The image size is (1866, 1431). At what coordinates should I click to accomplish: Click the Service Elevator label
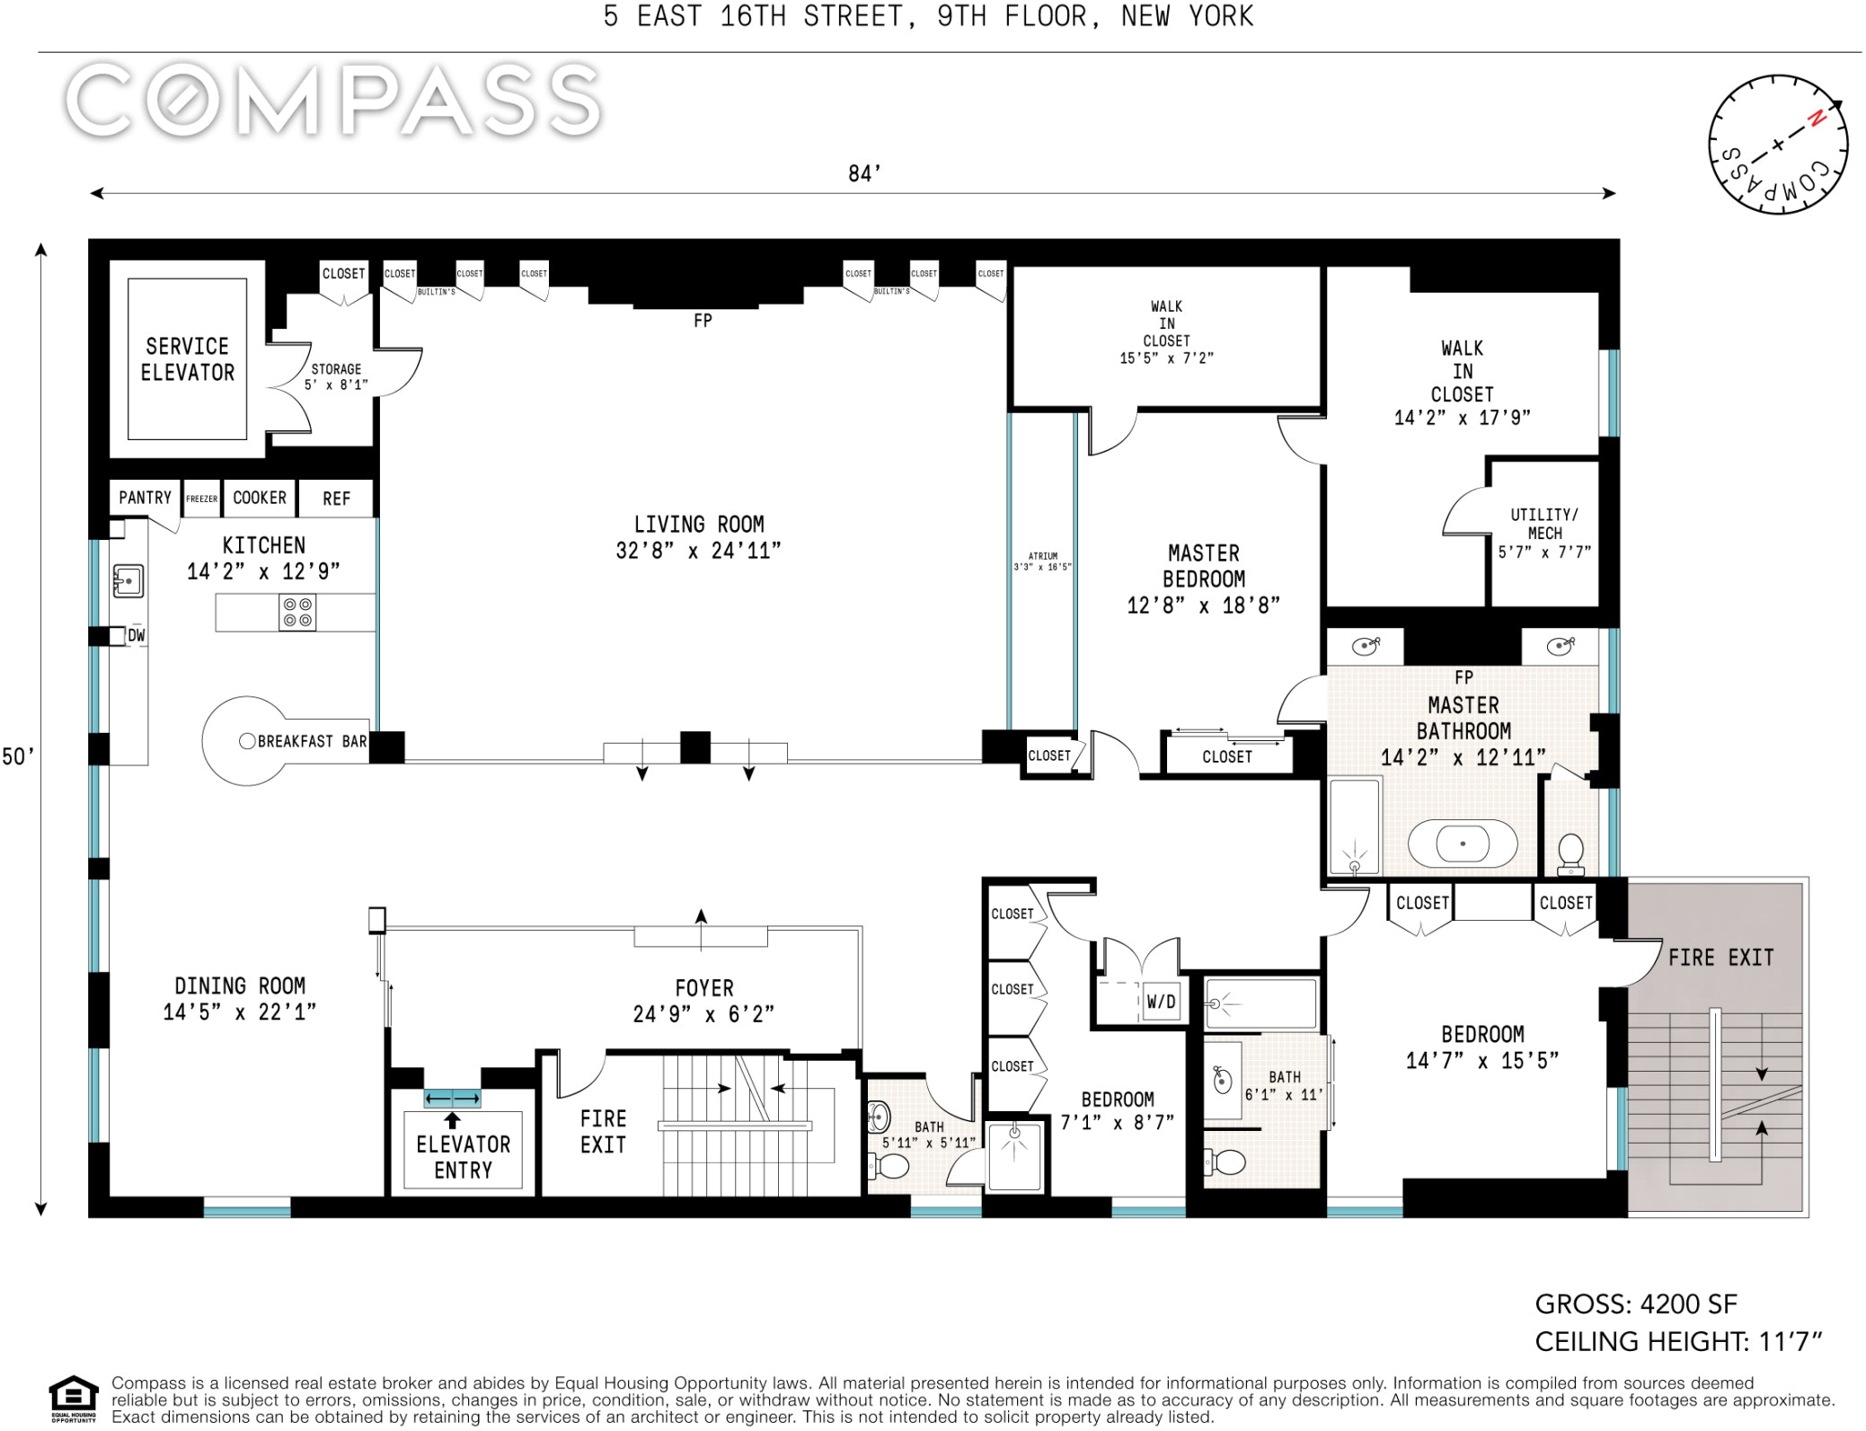coord(187,359)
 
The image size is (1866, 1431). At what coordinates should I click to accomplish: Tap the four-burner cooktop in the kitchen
coord(297,612)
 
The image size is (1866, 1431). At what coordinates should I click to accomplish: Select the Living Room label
coord(698,537)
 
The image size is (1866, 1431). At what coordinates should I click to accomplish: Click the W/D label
coord(1161,1002)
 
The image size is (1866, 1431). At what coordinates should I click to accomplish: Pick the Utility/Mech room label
coord(1544,533)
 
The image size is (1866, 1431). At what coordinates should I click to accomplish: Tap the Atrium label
coord(1043,561)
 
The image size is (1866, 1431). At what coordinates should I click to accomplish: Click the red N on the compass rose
coord(1817,118)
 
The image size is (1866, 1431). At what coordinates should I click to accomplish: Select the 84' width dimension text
coord(864,173)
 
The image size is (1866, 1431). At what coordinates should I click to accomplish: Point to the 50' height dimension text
coord(18,756)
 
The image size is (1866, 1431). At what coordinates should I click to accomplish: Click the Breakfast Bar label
coord(312,741)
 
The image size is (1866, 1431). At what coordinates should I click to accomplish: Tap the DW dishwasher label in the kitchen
coord(136,635)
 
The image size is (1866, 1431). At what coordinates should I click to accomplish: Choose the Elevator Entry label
coord(463,1157)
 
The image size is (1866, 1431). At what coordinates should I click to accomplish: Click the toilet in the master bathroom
coord(1570,853)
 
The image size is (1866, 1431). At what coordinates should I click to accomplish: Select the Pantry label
coord(145,498)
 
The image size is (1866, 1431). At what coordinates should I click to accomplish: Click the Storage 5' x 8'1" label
coord(336,376)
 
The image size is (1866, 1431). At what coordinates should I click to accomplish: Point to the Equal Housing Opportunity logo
coord(74,1399)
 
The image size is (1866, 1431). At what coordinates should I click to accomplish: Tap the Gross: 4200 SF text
coord(1635,1303)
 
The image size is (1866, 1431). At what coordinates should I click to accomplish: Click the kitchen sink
coord(128,581)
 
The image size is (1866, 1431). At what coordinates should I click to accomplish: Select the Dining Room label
coord(240,998)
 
